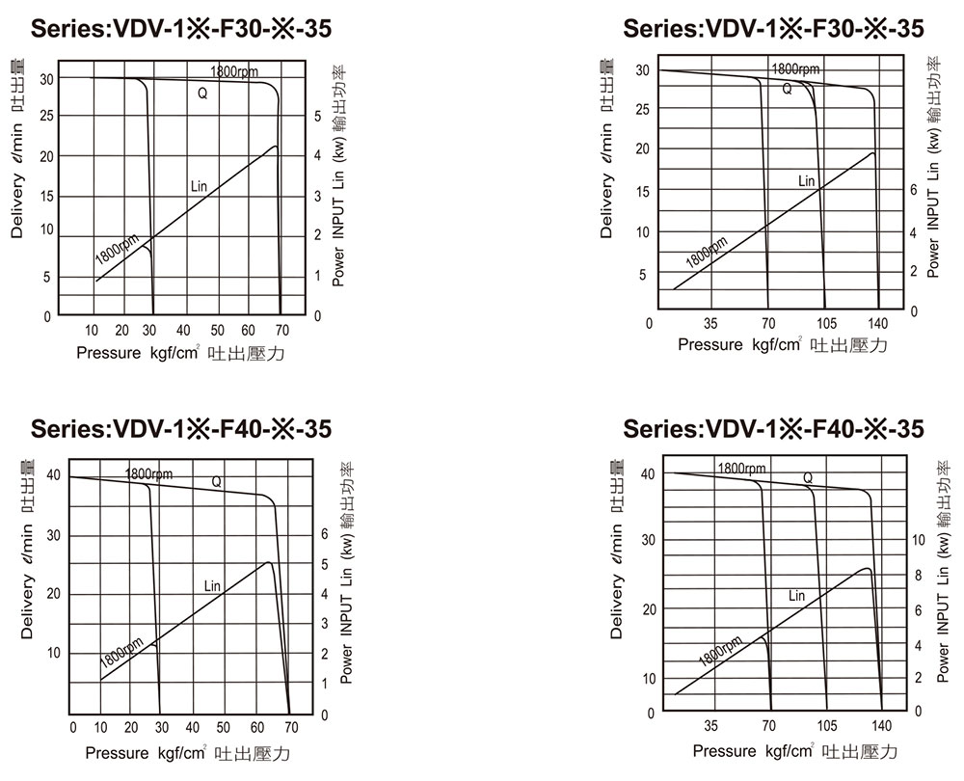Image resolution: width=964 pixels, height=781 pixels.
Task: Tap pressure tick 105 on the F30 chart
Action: [x=826, y=323]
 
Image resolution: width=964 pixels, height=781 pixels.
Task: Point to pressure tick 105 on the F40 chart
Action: [x=827, y=726]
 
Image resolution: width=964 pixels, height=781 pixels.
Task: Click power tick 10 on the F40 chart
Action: [x=917, y=540]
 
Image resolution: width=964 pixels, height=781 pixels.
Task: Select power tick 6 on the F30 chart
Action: [x=914, y=191]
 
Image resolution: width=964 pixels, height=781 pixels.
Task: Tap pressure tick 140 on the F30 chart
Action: [x=878, y=323]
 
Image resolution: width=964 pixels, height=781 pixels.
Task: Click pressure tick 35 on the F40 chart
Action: [x=711, y=726]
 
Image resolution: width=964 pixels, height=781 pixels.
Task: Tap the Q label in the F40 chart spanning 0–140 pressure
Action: [x=808, y=477]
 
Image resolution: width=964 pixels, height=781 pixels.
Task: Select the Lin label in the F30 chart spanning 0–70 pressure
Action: [x=200, y=184]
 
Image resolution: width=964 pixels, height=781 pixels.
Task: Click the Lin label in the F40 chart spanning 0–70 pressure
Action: [x=212, y=585]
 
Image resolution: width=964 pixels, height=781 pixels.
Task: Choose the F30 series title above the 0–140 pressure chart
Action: [x=773, y=29]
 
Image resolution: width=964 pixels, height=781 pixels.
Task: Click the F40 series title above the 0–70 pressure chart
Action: [x=183, y=428]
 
